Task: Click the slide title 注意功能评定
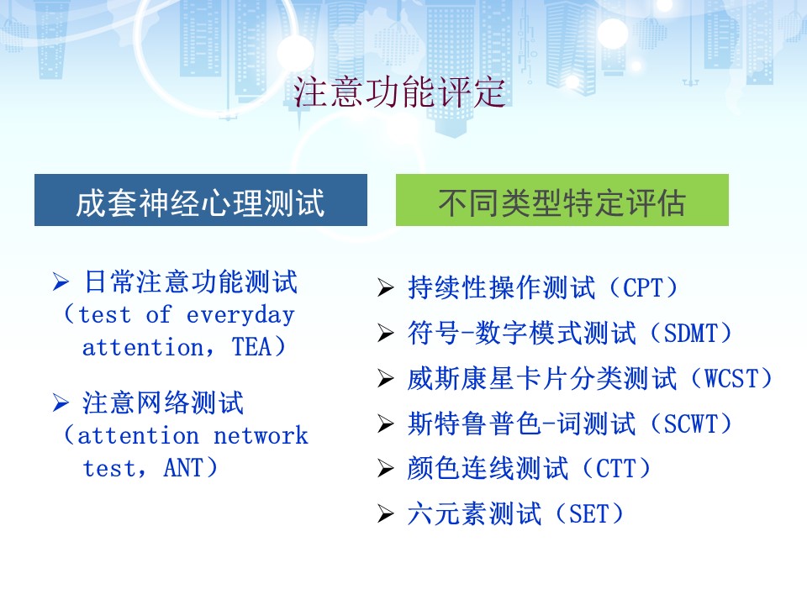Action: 399,92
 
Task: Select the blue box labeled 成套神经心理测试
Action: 201,200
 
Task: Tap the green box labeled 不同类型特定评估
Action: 562,200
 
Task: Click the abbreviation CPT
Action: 642,287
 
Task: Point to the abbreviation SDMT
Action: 690,334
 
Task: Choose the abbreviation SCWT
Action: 690,423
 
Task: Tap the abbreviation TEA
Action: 251,347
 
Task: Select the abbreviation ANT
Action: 183,468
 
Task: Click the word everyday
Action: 240,315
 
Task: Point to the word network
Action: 261,436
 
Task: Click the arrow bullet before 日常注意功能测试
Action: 61,282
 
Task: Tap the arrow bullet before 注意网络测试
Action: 61,402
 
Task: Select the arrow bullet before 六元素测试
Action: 386,514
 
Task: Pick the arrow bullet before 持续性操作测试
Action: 386,287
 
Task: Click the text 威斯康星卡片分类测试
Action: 542,379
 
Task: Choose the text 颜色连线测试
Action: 488,469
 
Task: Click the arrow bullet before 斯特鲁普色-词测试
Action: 386,423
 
